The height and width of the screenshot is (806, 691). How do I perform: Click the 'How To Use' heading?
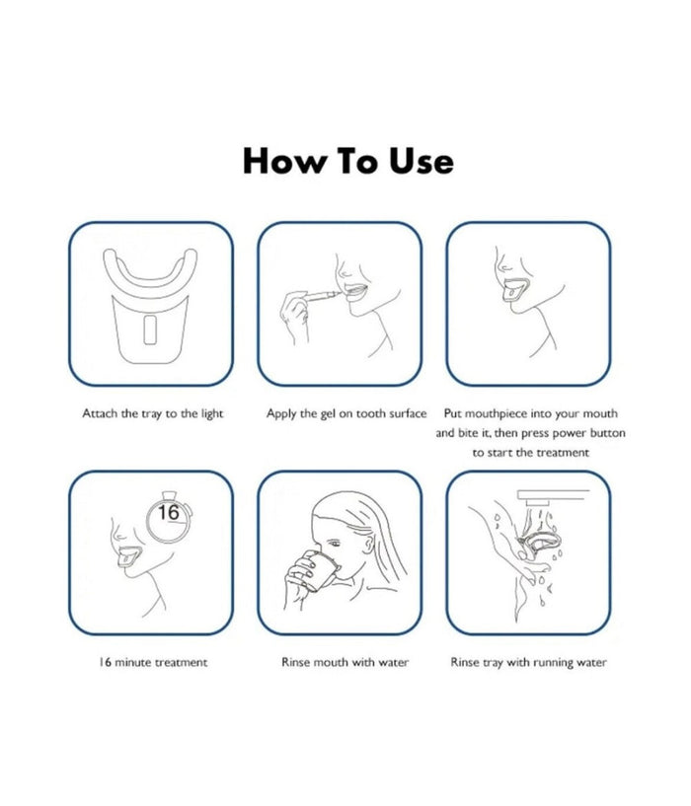pos(347,161)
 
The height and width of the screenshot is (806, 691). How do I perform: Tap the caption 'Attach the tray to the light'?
pos(153,413)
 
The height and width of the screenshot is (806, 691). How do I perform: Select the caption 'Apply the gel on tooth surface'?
pos(346,413)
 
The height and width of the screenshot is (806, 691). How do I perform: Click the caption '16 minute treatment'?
pos(153,662)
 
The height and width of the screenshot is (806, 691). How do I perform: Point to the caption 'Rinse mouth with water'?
pos(345,662)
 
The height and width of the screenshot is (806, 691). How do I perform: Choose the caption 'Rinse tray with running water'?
pos(528,662)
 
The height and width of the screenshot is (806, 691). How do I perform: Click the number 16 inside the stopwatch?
pos(168,512)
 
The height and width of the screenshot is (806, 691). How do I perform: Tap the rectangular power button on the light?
pos(150,330)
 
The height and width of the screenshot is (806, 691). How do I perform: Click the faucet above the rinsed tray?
pos(552,497)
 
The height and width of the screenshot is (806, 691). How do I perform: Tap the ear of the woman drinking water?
pos(368,544)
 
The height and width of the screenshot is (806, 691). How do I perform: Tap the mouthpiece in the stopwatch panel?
pos(128,556)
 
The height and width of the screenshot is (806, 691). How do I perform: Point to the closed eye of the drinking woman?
pos(334,544)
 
